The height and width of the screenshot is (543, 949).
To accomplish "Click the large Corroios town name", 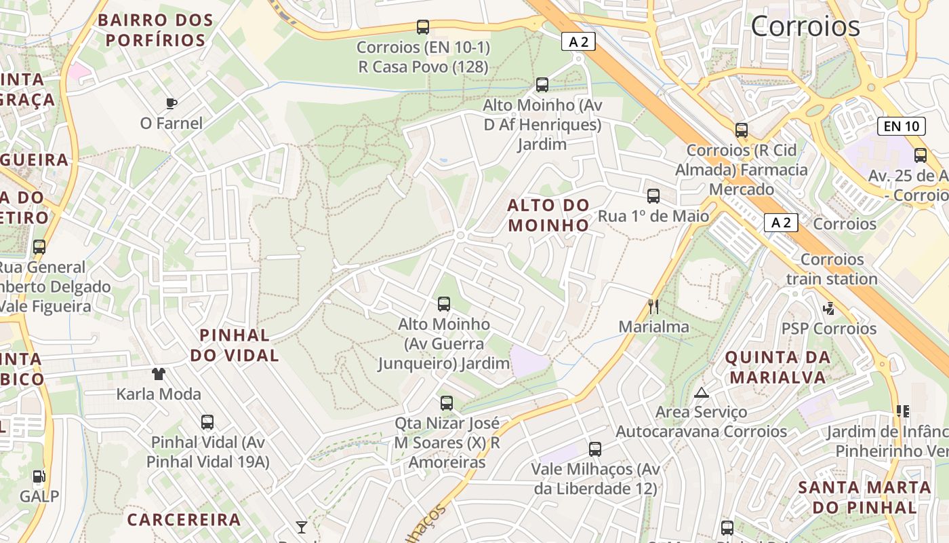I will coord(805,26).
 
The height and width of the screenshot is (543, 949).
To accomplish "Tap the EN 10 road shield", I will coord(901,126).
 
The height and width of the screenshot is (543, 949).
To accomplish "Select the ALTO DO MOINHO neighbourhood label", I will coord(548,215).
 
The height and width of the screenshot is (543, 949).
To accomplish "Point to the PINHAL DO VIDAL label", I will coord(235,345).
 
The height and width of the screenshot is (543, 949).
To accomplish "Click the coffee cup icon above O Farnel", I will coord(171,103).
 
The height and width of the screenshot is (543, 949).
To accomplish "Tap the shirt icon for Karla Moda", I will coord(159,373).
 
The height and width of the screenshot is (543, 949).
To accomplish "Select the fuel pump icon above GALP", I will coord(39,476).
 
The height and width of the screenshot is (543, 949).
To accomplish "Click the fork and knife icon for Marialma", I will coord(653,306).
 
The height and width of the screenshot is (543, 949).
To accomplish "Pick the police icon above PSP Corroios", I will coord(828,308).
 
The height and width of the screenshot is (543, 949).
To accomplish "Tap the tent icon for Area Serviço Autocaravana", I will coord(701,392).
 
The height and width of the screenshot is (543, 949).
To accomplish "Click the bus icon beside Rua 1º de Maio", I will coord(653,196).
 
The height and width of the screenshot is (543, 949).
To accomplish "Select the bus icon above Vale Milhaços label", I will coord(595,449).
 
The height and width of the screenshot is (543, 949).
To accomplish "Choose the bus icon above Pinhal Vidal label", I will coord(207,422).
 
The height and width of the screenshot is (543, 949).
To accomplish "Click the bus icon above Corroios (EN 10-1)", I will coord(423,27).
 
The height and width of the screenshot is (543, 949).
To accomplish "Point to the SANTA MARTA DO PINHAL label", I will coord(864,497).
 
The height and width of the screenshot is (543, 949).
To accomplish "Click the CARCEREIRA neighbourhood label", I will coord(184,520).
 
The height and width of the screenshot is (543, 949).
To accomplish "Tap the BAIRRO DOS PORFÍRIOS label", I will coord(155,30).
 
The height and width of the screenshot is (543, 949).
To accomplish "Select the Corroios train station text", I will coord(832,269).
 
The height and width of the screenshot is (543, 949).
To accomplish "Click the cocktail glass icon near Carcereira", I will coord(302,527).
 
